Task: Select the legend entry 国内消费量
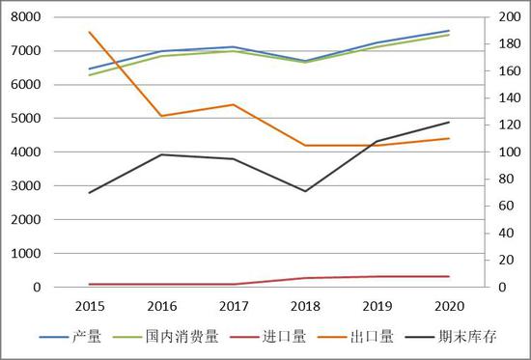click(182, 337)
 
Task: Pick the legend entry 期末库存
click(463, 337)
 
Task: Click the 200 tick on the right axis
click(504, 17)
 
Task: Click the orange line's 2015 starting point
click(89, 33)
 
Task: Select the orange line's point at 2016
click(161, 116)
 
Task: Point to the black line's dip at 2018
click(305, 191)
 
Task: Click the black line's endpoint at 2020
click(449, 123)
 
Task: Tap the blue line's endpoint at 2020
click(449, 31)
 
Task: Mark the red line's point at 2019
click(377, 277)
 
